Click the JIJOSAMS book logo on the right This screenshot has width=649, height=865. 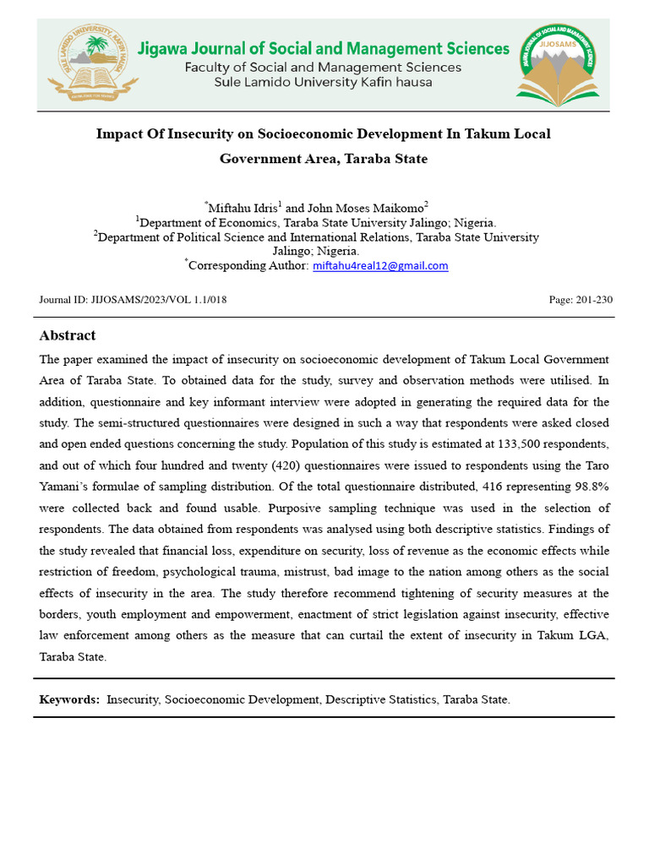click(556, 64)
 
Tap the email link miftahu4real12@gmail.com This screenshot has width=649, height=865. click(380, 265)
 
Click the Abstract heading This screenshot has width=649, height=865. click(68, 335)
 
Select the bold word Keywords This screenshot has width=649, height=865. click(69, 699)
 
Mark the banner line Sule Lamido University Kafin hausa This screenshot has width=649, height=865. click(324, 83)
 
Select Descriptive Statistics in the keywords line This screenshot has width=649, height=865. click(380, 699)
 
